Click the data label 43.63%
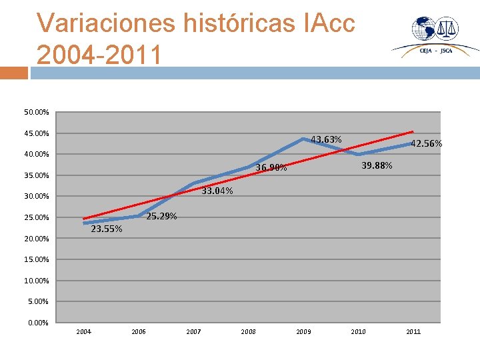[326, 139]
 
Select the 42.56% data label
[426, 143]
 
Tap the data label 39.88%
[377, 165]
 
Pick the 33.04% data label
[217, 191]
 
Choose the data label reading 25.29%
[161, 216]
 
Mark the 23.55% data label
[106, 229]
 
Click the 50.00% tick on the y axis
[35, 113]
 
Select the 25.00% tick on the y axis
[35, 218]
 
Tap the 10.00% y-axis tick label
[35, 281]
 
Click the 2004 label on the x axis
[84, 332]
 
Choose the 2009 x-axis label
[303, 332]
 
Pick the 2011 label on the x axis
[413, 332]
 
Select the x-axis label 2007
[193, 332]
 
